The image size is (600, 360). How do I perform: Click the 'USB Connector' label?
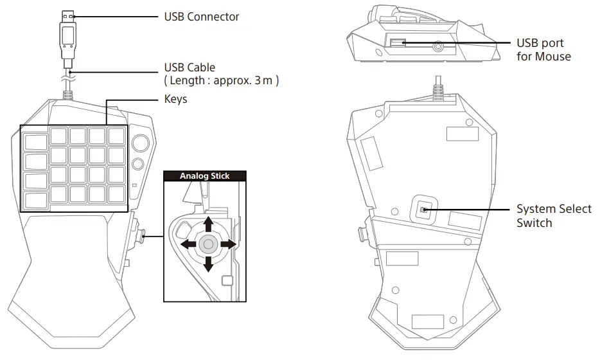click(202, 16)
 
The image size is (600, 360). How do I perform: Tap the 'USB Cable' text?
click(190, 67)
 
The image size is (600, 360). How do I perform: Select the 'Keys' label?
click(176, 100)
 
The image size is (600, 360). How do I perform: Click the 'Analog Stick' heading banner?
click(204, 175)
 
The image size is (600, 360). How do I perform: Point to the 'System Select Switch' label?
click(554, 216)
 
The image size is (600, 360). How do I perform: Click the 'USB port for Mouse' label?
click(543, 50)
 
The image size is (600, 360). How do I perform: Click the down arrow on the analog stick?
click(207, 264)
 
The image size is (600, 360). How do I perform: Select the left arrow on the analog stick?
click(188, 244)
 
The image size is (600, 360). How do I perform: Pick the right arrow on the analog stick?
click(227, 244)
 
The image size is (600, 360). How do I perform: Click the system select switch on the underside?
click(423, 210)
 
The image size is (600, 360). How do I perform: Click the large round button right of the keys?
click(140, 142)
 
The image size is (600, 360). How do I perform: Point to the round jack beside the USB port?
click(439, 46)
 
